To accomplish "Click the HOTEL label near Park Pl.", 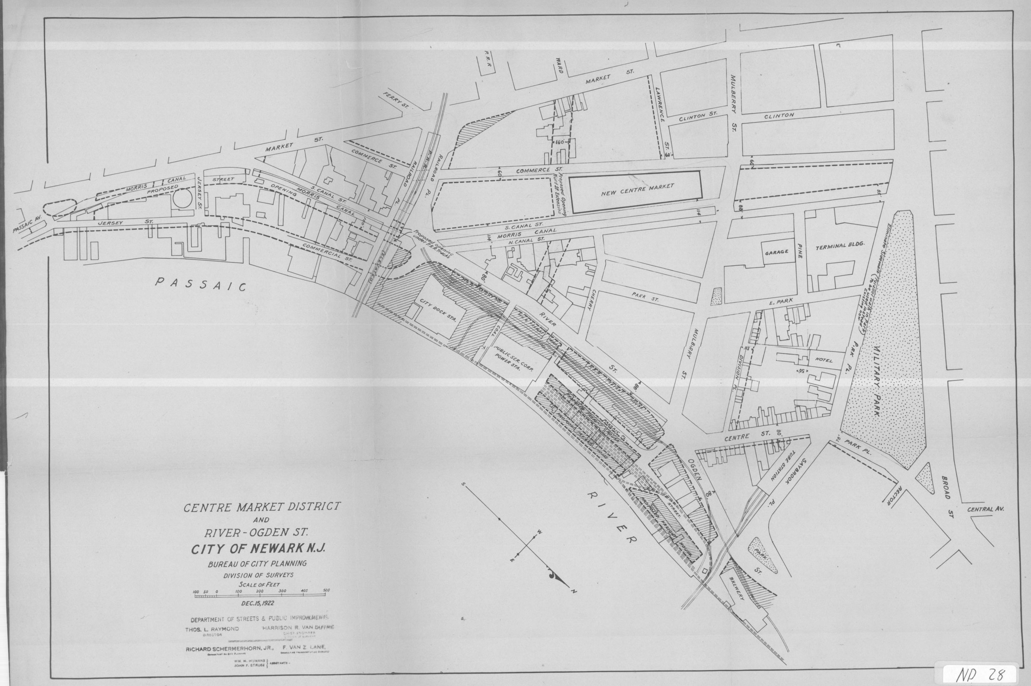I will point(824,361).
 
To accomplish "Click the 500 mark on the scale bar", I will point(326,590).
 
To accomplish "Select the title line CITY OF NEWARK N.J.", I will point(257,548).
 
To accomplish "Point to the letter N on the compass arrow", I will point(575,592).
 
